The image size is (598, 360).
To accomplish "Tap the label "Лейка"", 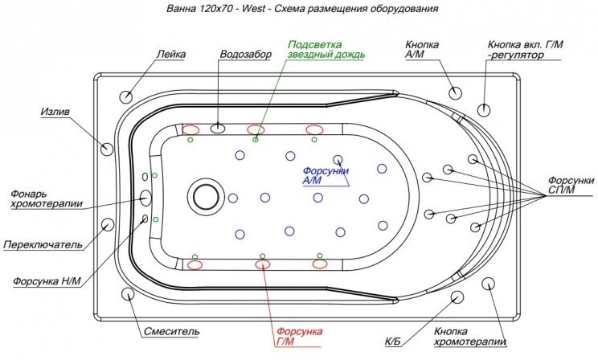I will click(171, 54).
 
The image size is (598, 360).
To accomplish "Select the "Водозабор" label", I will click(245, 54).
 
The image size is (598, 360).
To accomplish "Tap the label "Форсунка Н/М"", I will click(47, 281).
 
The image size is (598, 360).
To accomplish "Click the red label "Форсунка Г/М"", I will click(298, 337).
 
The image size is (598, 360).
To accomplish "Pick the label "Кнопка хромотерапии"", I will click(469, 337).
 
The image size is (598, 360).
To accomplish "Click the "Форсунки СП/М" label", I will click(571, 185).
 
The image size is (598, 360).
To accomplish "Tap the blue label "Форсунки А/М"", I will click(325, 176).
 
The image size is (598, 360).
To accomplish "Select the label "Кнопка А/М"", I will click(422, 50).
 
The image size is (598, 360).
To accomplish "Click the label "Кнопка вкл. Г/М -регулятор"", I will click(526, 50).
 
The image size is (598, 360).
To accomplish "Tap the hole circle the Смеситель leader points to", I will click(129, 294).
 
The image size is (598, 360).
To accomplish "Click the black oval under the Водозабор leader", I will click(219, 128).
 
